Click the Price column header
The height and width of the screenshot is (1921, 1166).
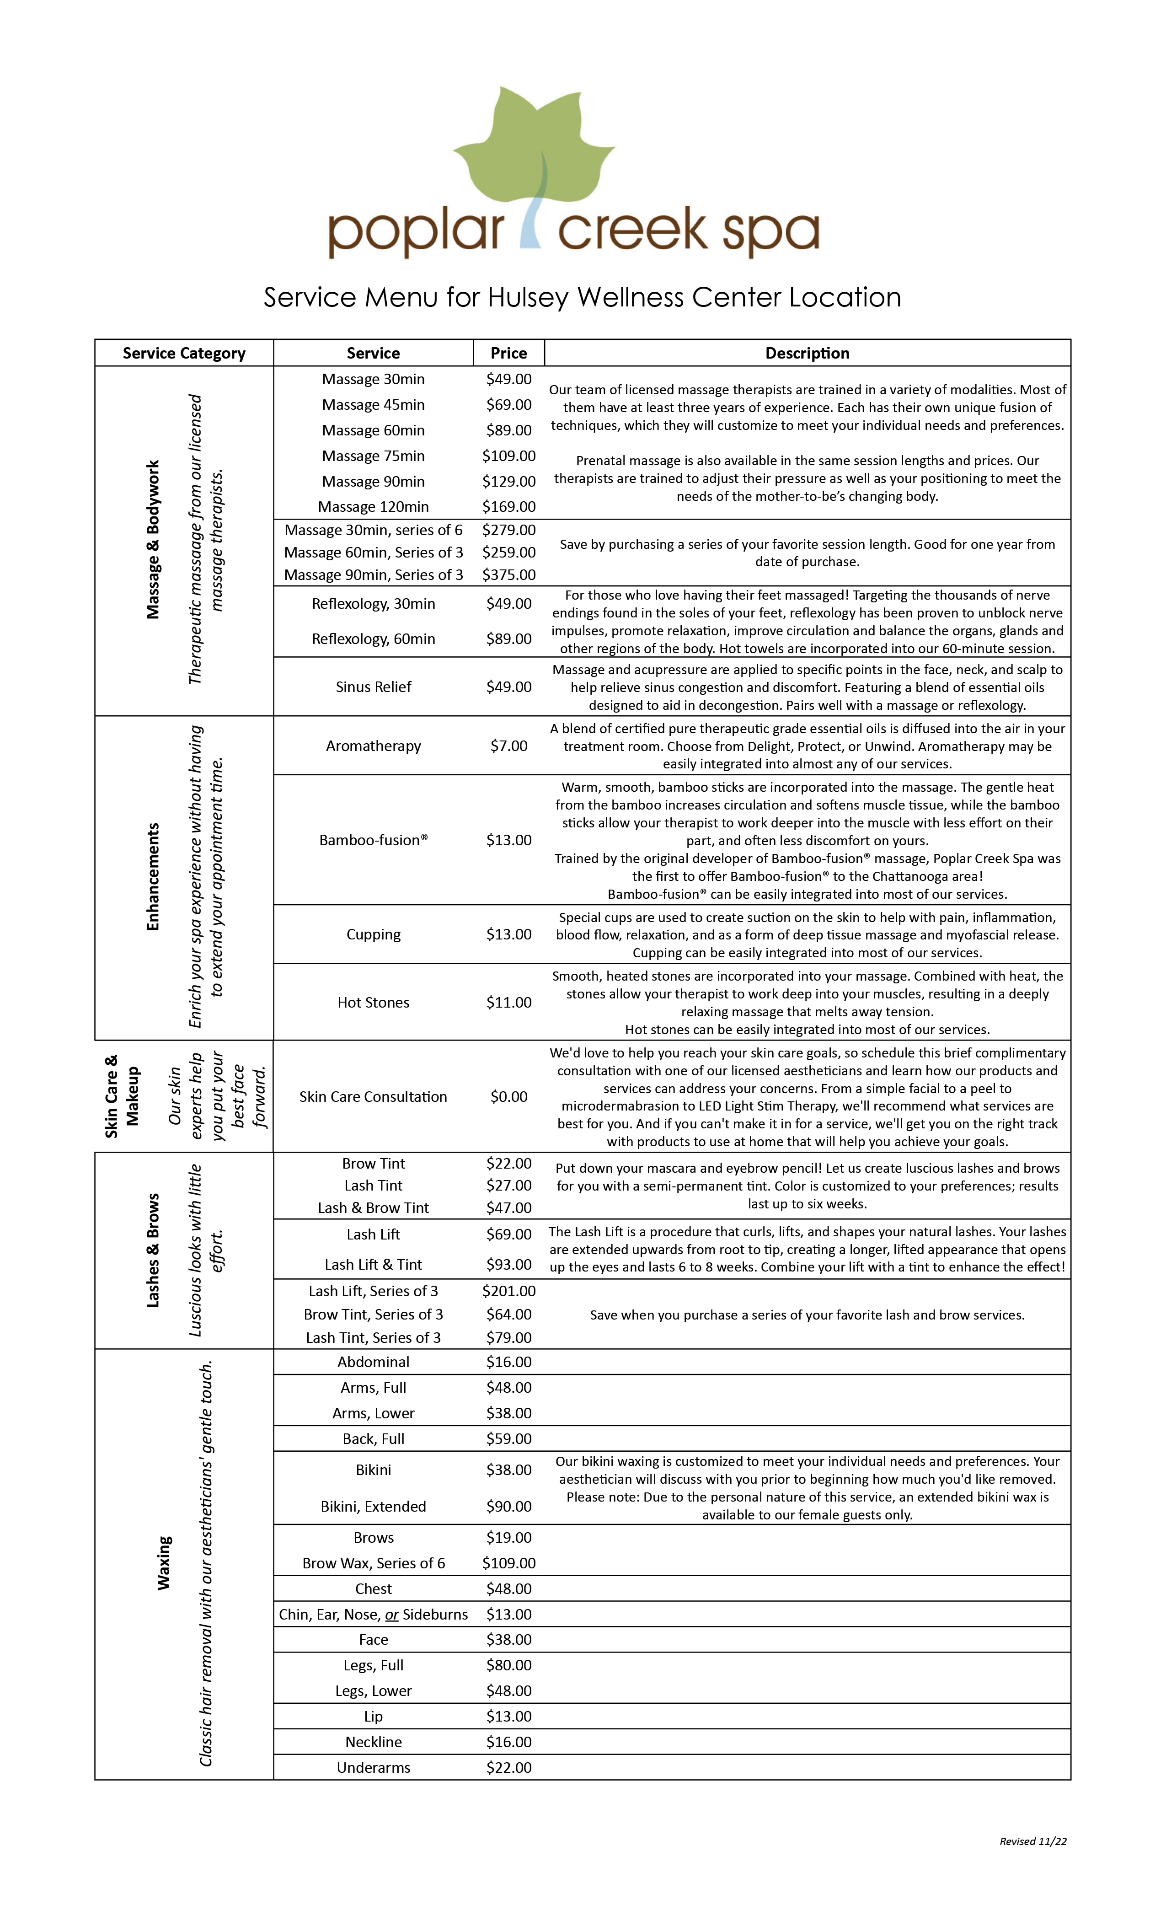508,353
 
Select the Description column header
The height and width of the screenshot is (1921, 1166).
807,353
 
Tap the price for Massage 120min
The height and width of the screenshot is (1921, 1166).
508,507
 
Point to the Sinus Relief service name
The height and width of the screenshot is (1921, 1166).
373,687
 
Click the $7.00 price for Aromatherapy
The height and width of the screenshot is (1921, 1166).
508,746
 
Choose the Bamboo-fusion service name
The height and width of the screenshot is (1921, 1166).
373,840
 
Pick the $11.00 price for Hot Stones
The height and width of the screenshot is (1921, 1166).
508,1003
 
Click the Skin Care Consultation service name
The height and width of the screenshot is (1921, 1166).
373,1097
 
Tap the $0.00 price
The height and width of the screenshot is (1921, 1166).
508,1097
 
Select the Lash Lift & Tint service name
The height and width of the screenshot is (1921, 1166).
373,1265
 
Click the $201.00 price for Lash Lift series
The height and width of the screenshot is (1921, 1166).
508,1291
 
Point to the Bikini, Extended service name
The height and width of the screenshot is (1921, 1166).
373,1506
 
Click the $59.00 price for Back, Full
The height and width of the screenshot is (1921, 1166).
508,1438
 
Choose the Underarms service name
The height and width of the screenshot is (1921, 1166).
373,1767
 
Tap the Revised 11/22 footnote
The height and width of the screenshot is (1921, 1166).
1033,1841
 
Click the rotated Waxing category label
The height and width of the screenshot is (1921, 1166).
164,1563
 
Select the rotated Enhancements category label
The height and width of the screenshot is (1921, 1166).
153,877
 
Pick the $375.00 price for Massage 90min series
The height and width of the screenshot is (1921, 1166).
508,574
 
